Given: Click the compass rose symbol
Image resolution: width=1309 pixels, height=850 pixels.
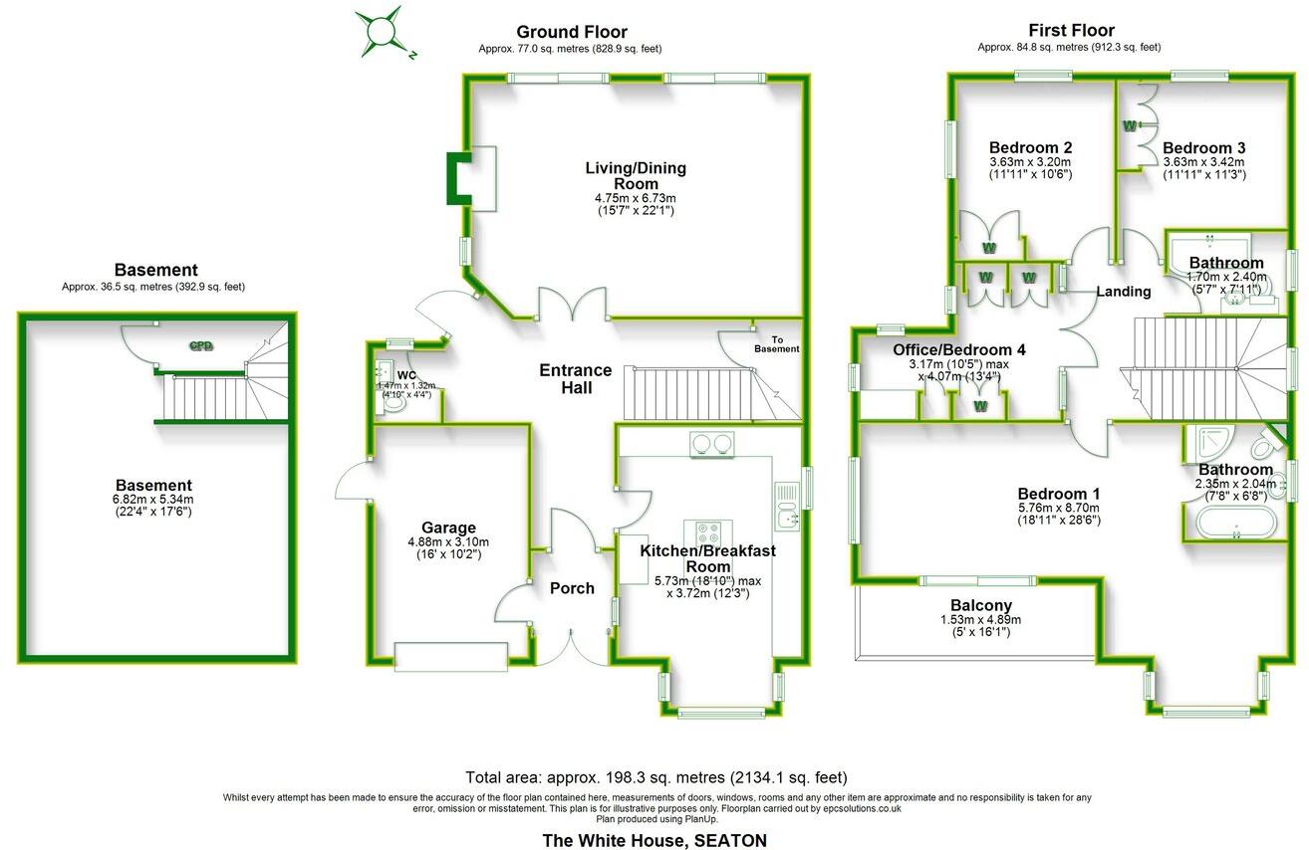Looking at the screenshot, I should (384, 31).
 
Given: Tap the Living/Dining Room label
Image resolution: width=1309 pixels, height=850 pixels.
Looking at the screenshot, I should (635, 175).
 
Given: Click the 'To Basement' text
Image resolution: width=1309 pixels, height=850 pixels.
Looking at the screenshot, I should (777, 344).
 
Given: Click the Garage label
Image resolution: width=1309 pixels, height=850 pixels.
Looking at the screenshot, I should (448, 528).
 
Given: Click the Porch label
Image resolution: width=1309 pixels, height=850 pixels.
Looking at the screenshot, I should (572, 588).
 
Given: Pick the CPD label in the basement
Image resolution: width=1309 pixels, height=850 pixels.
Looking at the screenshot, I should (202, 346).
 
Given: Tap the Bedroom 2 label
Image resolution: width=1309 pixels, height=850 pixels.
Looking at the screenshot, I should (1030, 147).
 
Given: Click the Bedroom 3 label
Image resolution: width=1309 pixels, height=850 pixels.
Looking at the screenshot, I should (1203, 147).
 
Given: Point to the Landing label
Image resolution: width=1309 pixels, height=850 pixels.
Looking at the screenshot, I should (1124, 292).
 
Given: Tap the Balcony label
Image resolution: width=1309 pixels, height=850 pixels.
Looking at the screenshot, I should (980, 605).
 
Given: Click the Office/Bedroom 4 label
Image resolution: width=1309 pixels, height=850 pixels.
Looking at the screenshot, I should (958, 349).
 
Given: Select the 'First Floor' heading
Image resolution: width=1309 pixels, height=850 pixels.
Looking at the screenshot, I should (1072, 31).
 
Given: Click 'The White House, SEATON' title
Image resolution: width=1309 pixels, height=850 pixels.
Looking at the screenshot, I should (654, 840).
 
